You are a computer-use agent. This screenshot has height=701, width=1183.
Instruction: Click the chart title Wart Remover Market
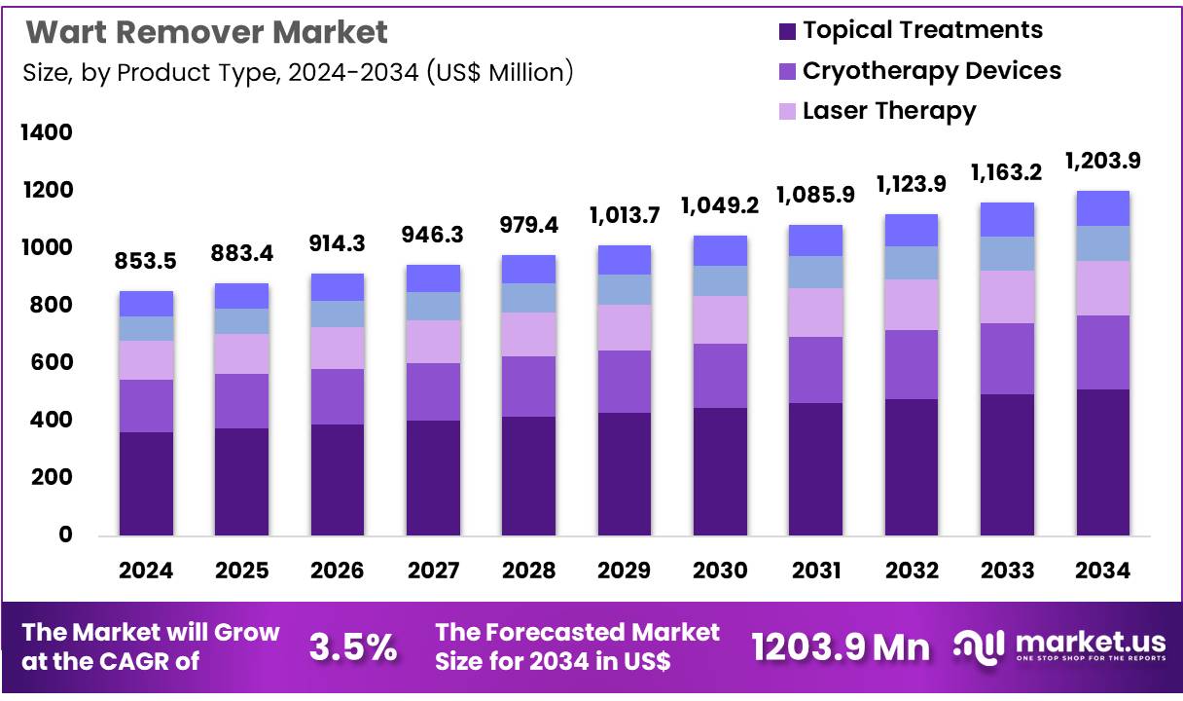pos(206,32)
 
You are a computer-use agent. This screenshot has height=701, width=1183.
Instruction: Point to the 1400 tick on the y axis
pos(47,132)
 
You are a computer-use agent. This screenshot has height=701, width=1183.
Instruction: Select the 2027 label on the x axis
pos(432,571)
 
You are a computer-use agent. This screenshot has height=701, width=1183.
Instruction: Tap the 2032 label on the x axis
pos(911,571)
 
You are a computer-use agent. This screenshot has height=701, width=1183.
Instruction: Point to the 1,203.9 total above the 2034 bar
pos(1102,161)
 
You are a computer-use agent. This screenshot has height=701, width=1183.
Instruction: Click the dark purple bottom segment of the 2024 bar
pos(146,483)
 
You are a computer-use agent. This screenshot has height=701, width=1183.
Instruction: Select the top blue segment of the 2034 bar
pos(1102,208)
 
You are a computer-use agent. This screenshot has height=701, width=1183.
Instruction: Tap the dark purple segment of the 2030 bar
pos(719,471)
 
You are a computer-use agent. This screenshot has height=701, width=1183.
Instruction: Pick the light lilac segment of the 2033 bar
pos(1007,297)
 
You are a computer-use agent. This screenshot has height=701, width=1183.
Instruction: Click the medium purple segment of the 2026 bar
pos(337,396)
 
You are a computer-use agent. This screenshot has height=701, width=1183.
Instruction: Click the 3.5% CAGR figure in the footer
pos(352,646)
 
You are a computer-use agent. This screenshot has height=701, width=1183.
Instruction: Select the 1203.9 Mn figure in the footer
pos(841,646)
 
